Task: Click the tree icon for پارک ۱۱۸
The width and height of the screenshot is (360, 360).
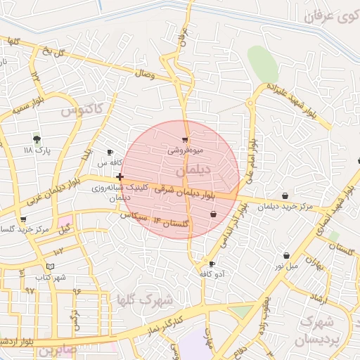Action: [x=37, y=139]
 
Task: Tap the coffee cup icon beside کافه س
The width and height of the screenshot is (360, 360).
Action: [x=110, y=152]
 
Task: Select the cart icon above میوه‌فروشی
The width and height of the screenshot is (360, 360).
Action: [x=185, y=140]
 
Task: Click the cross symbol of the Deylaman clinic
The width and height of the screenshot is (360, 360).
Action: [x=120, y=176]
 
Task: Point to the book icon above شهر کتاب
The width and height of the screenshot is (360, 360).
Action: [x=49, y=266]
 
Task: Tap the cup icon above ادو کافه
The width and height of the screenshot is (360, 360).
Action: [x=212, y=264]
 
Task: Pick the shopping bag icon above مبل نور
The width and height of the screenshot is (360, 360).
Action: [x=286, y=256]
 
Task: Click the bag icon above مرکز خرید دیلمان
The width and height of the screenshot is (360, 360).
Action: [x=285, y=196]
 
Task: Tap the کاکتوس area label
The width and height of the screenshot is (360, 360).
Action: [x=82, y=110]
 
